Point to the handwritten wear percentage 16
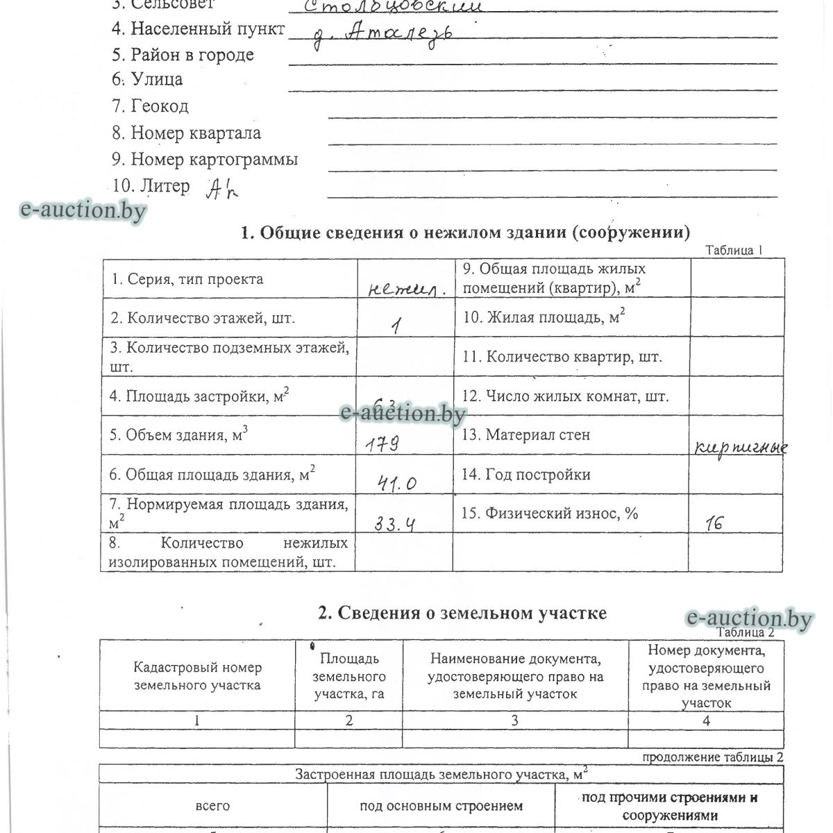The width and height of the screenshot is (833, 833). click(713, 523)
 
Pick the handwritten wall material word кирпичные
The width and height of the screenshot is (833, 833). click(740, 448)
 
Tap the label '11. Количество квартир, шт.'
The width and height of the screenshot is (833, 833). click(562, 357)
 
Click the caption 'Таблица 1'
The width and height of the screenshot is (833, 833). click(734, 251)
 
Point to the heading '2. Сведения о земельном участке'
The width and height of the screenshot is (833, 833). click(462, 613)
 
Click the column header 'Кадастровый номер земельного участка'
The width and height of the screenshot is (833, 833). click(197, 676)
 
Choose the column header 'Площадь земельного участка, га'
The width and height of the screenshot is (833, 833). click(349, 676)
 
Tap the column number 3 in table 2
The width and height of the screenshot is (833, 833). click(514, 721)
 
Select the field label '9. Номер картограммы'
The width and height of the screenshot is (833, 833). click(205, 160)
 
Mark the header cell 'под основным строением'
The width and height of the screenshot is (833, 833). click(441, 806)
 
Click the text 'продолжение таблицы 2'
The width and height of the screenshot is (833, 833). click(713, 757)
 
